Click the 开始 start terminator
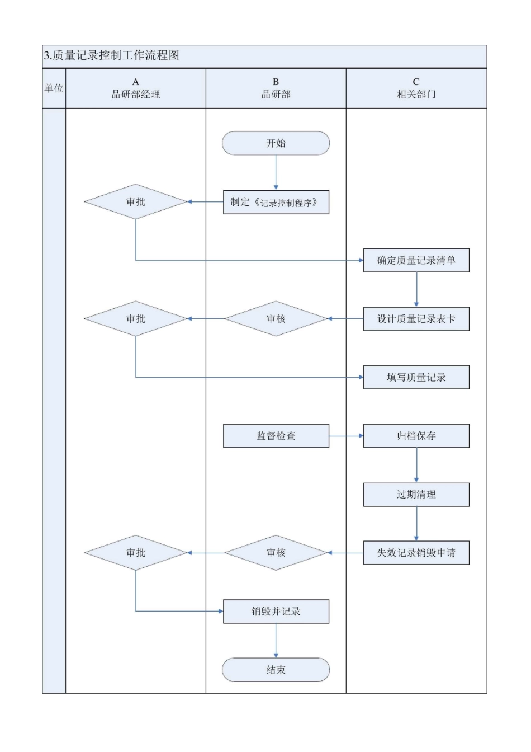[276, 143]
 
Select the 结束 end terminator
[276, 670]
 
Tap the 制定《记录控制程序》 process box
[276, 202]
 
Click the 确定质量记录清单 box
[416, 260]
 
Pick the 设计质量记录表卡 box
[416, 319]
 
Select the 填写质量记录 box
[416, 377]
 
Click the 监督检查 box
[276, 436]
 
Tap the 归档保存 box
[416, 436]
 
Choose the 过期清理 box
[416, 495]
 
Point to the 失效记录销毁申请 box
[416, 553]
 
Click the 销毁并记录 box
[276, 612]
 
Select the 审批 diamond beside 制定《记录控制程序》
[136, 201]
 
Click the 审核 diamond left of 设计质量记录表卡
[276, 319]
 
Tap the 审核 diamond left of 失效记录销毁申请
[276, 553]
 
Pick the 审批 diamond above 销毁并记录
[136, 553]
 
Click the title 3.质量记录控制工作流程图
[112, 56]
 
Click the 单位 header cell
[54, 88]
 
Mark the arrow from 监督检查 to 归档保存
[346, 436]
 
